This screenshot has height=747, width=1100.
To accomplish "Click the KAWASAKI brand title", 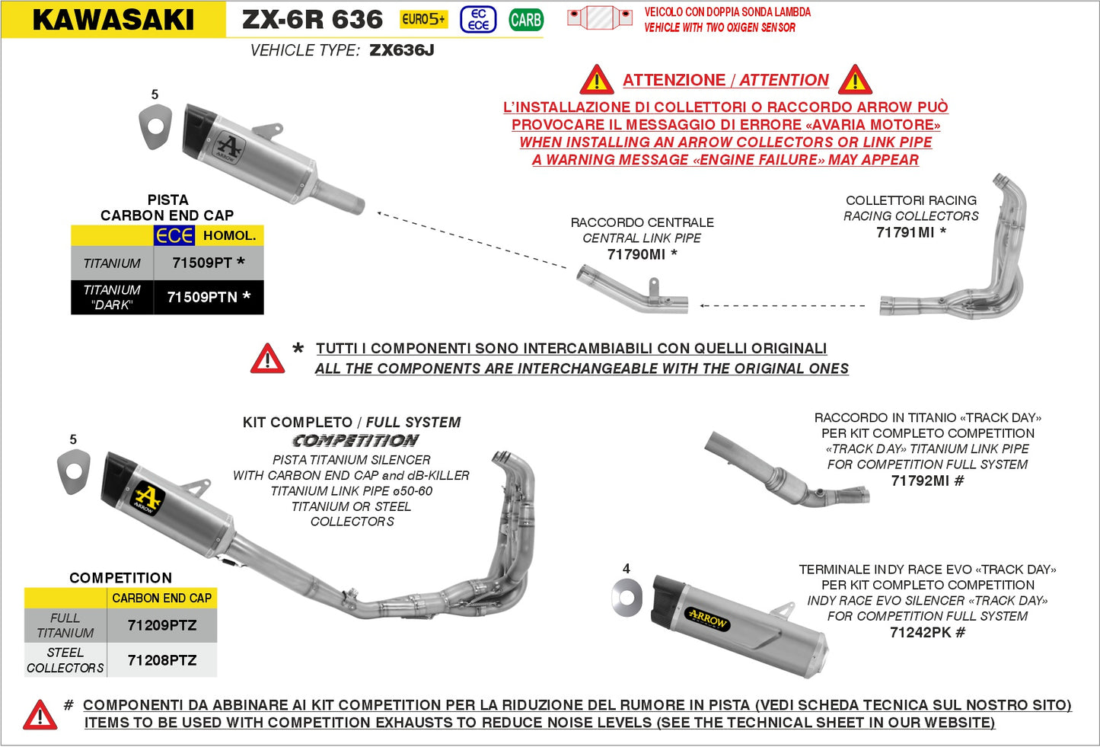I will [113, 20].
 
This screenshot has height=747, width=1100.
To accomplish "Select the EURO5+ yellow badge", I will [424, 19].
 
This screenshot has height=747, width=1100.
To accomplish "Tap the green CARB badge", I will [525, 20].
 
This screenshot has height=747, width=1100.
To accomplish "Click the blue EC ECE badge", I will [478, 20].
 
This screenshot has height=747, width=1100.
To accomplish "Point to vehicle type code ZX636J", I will [401, 50].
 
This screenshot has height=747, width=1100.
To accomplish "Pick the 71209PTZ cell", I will [162, 625].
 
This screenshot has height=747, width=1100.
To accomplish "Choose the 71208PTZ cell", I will [162, 660].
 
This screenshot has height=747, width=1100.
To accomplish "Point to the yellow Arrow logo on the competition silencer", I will [148, 499].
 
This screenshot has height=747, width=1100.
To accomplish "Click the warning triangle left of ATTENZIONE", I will [597, 80].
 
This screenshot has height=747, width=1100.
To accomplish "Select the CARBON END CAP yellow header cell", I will [161, 599].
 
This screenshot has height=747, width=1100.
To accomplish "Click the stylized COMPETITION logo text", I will [356, 441].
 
